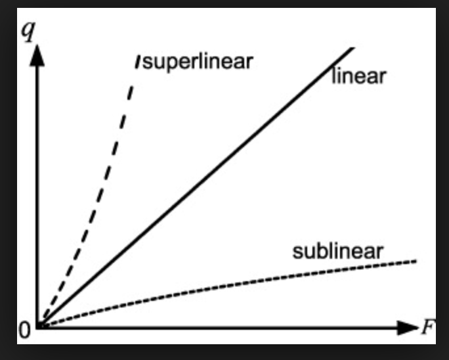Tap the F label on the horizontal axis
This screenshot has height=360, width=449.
coord(427,326)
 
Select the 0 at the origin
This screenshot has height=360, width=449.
coord(24,330)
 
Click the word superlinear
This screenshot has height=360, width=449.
coord(198,62)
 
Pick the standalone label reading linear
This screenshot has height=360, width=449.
coord(358,77)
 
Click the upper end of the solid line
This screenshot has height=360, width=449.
coord(353,48)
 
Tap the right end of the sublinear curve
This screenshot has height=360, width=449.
coord(416,261)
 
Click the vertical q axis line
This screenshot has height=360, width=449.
coord(37,197)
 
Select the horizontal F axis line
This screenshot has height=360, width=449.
coord(223,326)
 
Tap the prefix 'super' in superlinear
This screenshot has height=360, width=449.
coord(165,63)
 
